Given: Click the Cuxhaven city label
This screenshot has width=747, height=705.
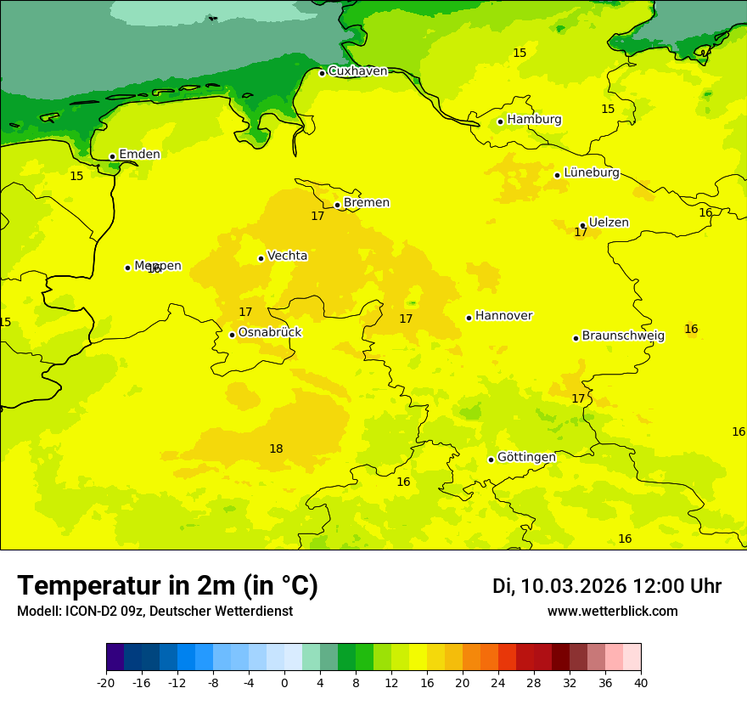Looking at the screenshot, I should point(357,71).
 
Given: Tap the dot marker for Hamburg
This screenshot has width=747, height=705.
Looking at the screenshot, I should point(500,121).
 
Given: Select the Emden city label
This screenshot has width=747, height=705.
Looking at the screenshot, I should point(139,155).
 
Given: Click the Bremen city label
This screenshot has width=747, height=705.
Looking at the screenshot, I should point(367,203).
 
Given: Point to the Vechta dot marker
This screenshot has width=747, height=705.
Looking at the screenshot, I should point(261,258).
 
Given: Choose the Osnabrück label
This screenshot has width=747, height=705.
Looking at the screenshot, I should point(270,333).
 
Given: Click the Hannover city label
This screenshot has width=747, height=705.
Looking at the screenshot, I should point(503,316).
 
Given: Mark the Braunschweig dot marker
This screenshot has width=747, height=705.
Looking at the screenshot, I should point(576,338).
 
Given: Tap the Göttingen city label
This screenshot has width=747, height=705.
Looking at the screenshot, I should point(526,458).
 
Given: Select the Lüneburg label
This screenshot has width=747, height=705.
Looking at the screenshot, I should point(592,173).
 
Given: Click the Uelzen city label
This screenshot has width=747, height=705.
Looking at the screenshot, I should point(609,223).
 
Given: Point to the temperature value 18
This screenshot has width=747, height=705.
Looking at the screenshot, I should point(276,449).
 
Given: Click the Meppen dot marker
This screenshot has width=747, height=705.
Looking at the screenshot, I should point(127,268).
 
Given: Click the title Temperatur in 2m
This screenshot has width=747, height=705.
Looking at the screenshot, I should point(168,586).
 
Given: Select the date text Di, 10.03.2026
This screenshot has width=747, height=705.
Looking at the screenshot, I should point(559,587).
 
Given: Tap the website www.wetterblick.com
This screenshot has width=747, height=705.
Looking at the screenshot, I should point(612,612).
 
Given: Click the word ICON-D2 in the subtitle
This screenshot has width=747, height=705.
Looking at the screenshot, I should point(90,612).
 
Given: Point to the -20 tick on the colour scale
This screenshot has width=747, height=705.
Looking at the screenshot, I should point(106,682).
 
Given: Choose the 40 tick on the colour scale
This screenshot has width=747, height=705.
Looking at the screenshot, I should point(641,682).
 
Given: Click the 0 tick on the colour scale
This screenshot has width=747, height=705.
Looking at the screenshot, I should point(284,682).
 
